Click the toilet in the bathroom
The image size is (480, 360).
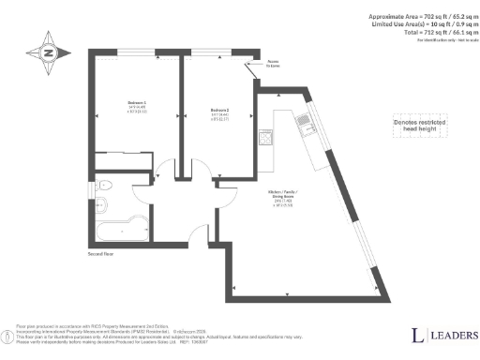tap(105, 188)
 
